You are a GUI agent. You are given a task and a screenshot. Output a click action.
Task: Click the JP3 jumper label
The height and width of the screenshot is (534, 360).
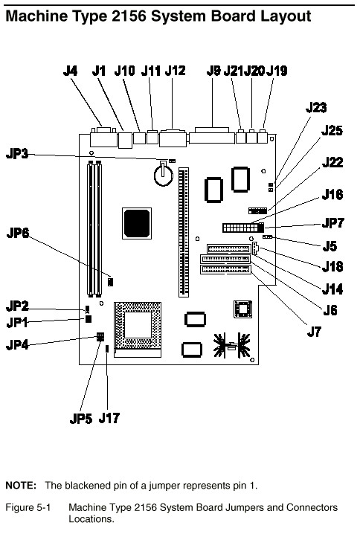pyautogui.click(x=17, y=154)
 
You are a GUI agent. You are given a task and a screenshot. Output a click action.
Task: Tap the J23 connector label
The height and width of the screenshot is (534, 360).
pyautogui.click(x=316, y=107)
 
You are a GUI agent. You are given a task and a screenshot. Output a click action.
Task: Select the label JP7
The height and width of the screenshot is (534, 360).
pyautogui.click(x=333, y=223)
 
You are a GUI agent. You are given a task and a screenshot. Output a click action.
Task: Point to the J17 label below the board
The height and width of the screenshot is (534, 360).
pyautogui.click(x=109, y=418)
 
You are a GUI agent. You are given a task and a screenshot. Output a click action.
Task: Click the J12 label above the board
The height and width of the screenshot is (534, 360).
pyautogui.click(x=175, y=71)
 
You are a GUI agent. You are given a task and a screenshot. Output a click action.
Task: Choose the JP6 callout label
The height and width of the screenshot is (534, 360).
pyautogui.click(x=18, y=233)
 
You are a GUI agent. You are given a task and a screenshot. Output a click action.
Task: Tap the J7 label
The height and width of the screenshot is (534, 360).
pyautogui.click(x=314, y=331)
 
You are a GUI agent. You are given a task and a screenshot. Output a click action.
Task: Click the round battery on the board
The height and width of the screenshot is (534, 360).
pyautogui.click(x=164, y=174)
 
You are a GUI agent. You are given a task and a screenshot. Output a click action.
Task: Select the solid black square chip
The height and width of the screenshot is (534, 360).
pyautogui.click(x=137, y=223)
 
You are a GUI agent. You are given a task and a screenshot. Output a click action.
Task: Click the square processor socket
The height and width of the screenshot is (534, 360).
pyautogui.click(x=138, y=329)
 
